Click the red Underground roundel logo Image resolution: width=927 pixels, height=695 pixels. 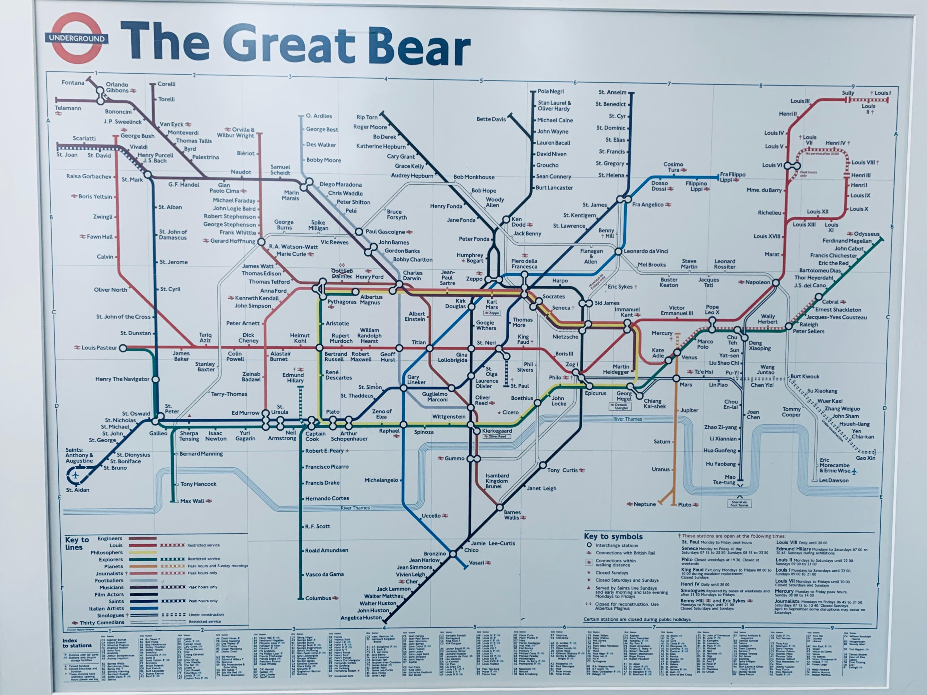[77, 38]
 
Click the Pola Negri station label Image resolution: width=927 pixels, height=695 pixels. [551, 91]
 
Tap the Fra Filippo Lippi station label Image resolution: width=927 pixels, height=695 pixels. [732, 177]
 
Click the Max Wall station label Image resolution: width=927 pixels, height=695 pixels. [192, 501]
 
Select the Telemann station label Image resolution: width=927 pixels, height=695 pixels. [68, 108]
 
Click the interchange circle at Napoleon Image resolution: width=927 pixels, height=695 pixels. [776, 283]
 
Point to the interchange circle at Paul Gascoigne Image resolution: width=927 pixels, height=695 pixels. [359, 232]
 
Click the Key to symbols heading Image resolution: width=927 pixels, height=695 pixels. [613, 536]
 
